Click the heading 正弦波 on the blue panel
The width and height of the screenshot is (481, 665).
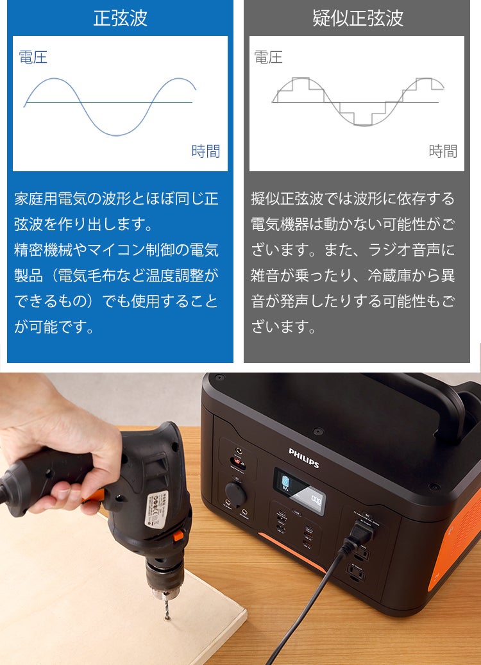(121, 18)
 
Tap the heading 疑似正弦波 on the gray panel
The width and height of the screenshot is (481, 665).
(358, 18)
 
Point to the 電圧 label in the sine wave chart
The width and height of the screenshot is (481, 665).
(33, 57)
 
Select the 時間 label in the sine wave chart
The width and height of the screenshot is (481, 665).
(206, 151)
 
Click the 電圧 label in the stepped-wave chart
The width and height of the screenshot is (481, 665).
(269, 57)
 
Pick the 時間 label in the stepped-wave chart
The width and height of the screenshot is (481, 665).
(443, 151)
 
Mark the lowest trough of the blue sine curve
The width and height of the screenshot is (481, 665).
(117, 135)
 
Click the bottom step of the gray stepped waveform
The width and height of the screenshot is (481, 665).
(364, 125)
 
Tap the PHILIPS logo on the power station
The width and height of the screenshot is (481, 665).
(304, 457)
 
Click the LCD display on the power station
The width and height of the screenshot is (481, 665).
(299, 487)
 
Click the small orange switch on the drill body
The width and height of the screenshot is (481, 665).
(178, 535)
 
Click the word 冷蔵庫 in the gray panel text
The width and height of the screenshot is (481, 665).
(389, 276)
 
